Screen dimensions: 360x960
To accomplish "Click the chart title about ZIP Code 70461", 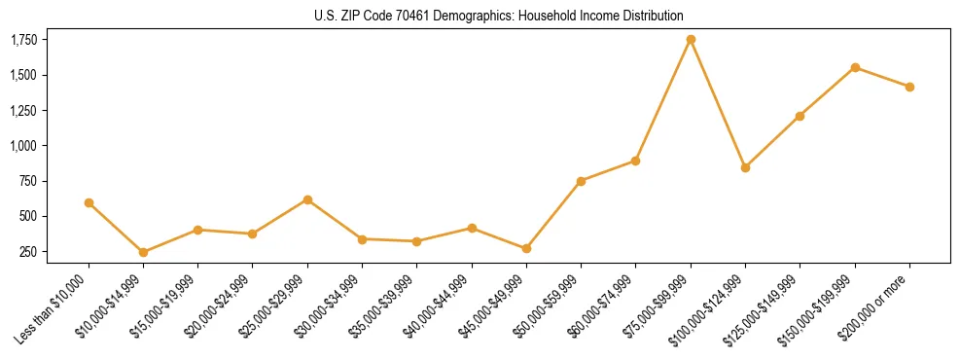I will coord(499,16).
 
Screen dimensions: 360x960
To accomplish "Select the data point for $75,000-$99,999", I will coord(691,40).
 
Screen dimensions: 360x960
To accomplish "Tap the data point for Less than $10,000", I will coord(89,202).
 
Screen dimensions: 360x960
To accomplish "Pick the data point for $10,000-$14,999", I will coord(144,252).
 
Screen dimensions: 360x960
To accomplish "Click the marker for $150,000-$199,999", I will coord(855,67).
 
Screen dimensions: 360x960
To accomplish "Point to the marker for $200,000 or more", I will coord(909,87).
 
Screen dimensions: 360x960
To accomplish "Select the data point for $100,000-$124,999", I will coord(745,167).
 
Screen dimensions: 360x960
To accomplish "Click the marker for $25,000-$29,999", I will coord(307,199).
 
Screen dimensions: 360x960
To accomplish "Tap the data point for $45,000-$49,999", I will coord(526,248).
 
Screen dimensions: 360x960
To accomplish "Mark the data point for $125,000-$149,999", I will coord(800,116).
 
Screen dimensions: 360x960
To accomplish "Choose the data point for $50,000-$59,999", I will coord(581,181).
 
